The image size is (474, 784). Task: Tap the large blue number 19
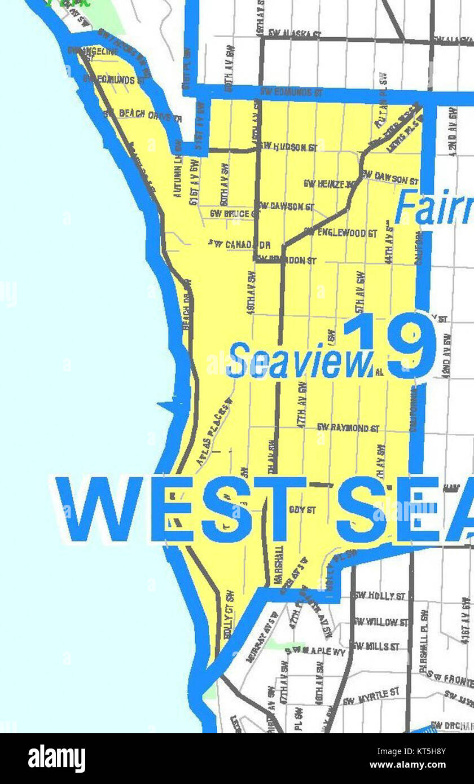pos(389,345)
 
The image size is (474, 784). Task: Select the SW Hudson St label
pos(288,147)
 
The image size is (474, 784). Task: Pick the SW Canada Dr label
pos(239,245)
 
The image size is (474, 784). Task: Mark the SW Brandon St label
pos(286,261)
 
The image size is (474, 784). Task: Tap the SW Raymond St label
pos(348,428)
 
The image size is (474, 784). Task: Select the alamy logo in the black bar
pos(56,759)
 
